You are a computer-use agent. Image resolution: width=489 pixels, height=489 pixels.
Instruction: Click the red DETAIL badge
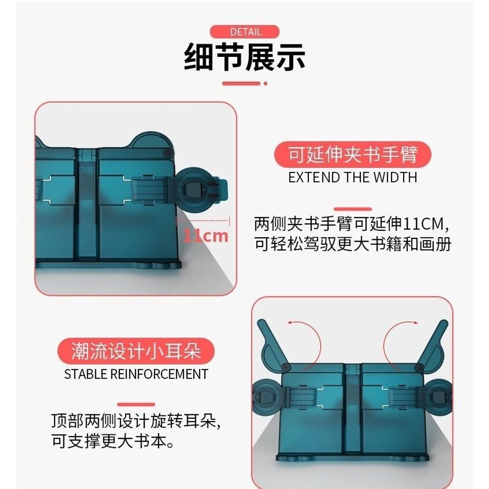[244, 32]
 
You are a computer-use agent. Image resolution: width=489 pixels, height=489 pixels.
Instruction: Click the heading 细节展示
[244, 57]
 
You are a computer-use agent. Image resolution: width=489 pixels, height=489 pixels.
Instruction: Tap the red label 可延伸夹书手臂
[353, 154]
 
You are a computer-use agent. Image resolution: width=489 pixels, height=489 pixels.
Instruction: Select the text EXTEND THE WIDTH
[353, 178]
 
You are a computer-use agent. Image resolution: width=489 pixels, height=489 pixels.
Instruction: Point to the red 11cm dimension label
[205, 236]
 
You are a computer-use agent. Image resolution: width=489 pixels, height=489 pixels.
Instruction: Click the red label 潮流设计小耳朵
[136, 351]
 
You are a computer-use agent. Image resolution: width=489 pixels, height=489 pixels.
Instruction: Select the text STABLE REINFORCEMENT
[136, 374]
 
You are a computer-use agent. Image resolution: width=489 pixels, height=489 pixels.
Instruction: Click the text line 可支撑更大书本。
[113, 441]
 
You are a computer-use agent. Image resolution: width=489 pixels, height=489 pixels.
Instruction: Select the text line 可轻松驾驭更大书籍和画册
[353, 244]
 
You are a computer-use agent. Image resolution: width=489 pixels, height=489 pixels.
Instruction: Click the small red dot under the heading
[266, 84]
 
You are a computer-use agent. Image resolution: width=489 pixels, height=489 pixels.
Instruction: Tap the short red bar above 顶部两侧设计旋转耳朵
[136, 404]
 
